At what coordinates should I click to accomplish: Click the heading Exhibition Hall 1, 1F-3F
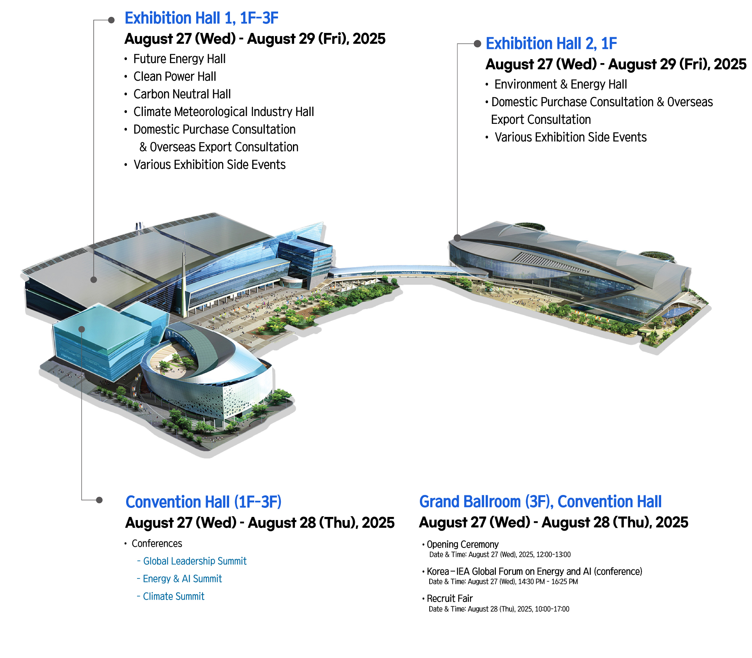pos(201,18)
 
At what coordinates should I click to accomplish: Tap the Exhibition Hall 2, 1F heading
pos(551,44)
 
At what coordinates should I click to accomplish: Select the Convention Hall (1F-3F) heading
pos(203,502)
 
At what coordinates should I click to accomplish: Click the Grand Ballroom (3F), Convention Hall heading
pos(540,502)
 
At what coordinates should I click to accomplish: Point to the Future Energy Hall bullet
pos(179,59)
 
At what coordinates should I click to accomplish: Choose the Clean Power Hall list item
pos(175,76)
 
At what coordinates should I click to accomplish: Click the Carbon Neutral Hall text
pos(182,94)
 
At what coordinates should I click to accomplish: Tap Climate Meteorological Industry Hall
pos(224,112)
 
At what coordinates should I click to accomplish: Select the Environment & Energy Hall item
pos(560,84)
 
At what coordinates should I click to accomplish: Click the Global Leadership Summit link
pos(195,561)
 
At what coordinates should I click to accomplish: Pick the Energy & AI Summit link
pos(182,579)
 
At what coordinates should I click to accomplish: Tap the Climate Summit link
pos(174,596)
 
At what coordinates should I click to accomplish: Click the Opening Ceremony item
pos(463,544)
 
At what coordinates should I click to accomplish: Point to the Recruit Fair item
pos(450,598)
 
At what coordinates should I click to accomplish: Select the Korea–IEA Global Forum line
pos(534,571)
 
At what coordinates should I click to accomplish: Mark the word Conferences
pos(157,544)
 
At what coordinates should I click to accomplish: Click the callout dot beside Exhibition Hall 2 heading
pos(477,44)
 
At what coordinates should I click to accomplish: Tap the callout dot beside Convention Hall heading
pos(99,500)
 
